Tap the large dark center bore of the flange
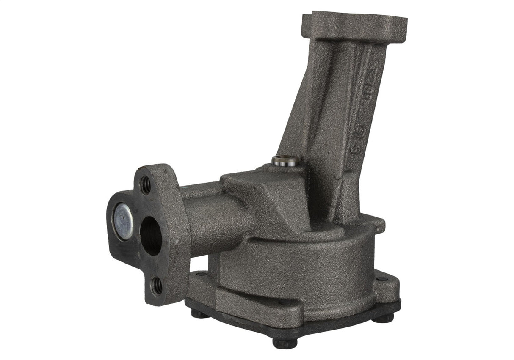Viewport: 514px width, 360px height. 151,236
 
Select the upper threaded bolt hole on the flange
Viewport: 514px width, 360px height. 145,185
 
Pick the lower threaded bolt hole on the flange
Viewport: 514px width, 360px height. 157,286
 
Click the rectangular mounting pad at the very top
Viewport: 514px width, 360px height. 354,26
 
